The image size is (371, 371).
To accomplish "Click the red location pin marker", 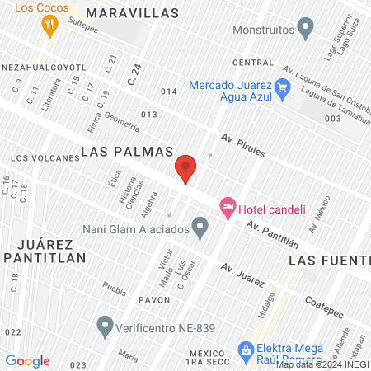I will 185,169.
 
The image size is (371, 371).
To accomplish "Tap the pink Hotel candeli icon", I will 227,207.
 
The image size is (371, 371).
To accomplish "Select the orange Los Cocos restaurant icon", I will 51,25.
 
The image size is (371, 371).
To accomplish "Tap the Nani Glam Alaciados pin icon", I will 200,226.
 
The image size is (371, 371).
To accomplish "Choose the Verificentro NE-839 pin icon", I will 105,327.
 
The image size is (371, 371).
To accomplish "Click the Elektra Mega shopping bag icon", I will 244,350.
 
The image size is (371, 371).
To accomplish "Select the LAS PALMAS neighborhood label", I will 127,152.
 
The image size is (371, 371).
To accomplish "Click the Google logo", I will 27,361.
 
